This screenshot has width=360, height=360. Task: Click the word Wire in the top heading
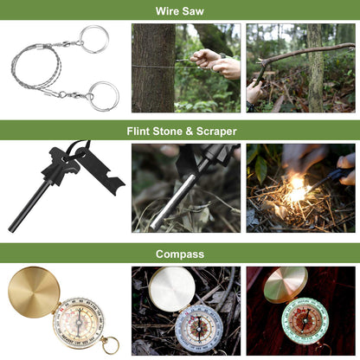click(168, 11)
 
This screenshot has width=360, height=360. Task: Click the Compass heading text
click(180, 254)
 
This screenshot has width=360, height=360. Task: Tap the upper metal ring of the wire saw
click(95, 39)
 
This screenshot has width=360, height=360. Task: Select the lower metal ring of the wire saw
click(103, 95)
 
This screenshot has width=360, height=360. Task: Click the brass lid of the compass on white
click(34, 292)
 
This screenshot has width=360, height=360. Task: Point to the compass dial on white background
click(76, 321)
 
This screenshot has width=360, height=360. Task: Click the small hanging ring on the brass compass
click(110, 345)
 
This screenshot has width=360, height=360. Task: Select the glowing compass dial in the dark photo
click(305, 321)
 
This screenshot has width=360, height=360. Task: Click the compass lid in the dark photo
click(285, 285)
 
